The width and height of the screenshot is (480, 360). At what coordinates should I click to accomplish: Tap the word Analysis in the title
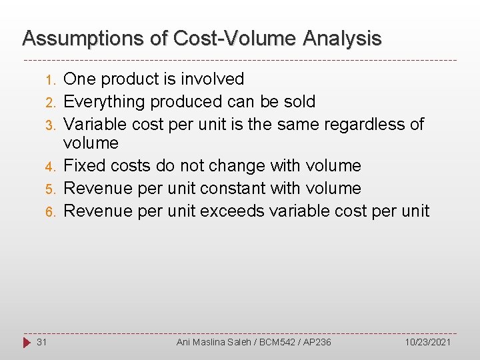[343, 39]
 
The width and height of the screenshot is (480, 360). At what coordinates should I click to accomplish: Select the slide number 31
[41, 342]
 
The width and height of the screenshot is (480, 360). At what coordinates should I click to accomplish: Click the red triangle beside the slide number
[27, 342]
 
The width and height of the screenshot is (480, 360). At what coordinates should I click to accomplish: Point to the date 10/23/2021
[428, 342]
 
